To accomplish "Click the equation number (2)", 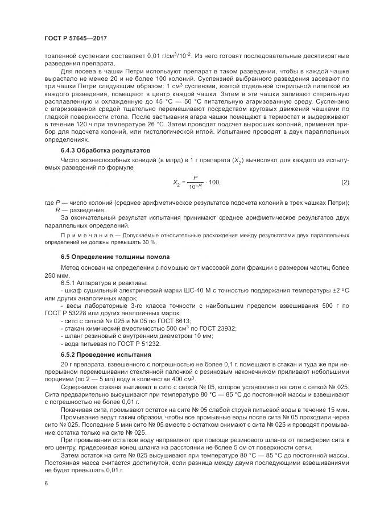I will tap(344, 182).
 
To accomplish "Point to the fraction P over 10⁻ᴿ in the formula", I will tap(195, 182).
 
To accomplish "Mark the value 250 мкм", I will tap(56, 274).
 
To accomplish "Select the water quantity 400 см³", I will tap(183, 380).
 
